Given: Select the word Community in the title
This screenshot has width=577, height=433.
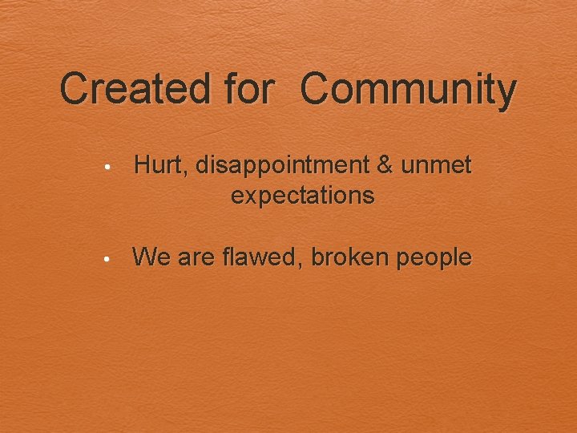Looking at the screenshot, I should pyautogui.click(x=409, y=88).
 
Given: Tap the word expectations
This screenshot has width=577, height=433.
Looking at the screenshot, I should pyautogui.click(x=302, y=195).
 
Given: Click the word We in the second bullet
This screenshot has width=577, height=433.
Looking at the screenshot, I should pyautogui.click(x=150, y=257).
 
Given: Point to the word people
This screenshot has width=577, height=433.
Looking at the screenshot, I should pyautogui.click(x=433, y=259).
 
